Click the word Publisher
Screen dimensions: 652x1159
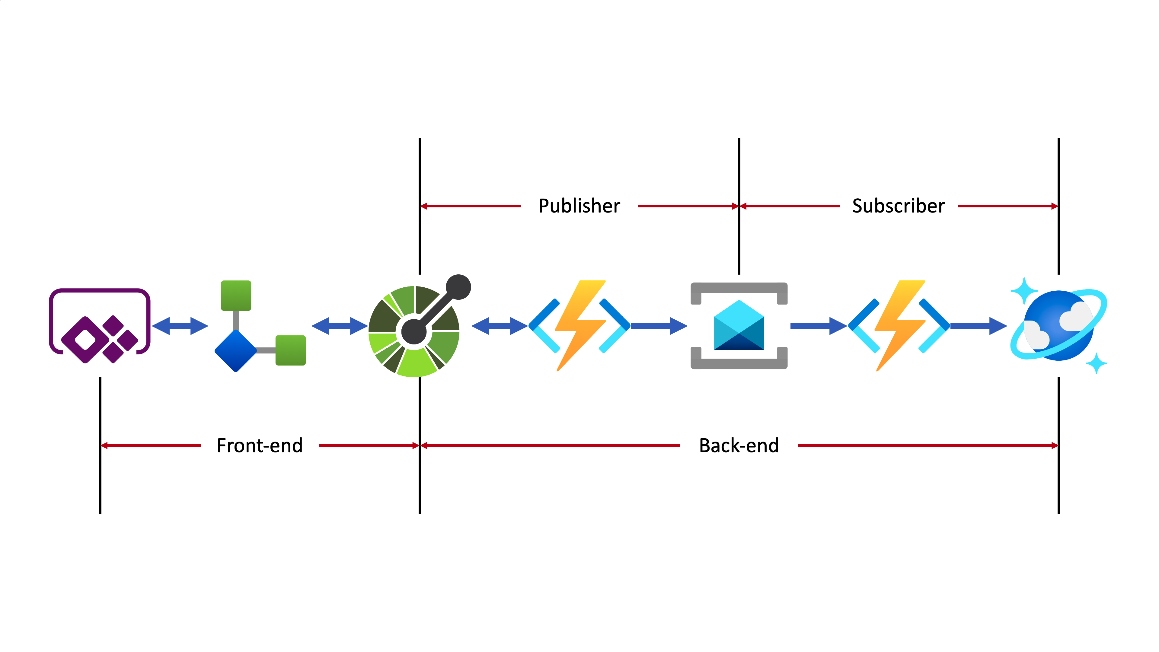pyautogui.click(x=579, y=206)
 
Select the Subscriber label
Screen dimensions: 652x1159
pyautogui.click(x=898, y=206)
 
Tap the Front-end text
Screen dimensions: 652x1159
pyautogui.click(x=260, y=446)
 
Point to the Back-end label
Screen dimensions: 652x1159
pyautogui.click(x=739, y=446)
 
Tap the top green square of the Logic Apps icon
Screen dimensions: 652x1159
pyautogui.click(x=236, y=295)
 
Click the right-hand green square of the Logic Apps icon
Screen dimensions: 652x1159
pyautogui.click(x=291, y=350)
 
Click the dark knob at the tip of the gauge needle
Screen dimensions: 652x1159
pyautogui.click(x=458, y=287)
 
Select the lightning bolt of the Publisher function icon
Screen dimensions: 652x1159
pyautogui.click(x=580, y=324)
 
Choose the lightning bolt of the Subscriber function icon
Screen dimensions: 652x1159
pyautogui.click(x=900, y=324)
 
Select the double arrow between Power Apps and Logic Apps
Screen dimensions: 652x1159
pyautogui.click(x=180, y=326)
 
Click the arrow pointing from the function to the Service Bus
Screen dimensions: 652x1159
pyautogui.click(x=659, y=326)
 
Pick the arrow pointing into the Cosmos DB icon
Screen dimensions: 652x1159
pyautogui.click(x=979, y=326)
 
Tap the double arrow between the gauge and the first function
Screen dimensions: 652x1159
pyautogui.click(x=500, y=326)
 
